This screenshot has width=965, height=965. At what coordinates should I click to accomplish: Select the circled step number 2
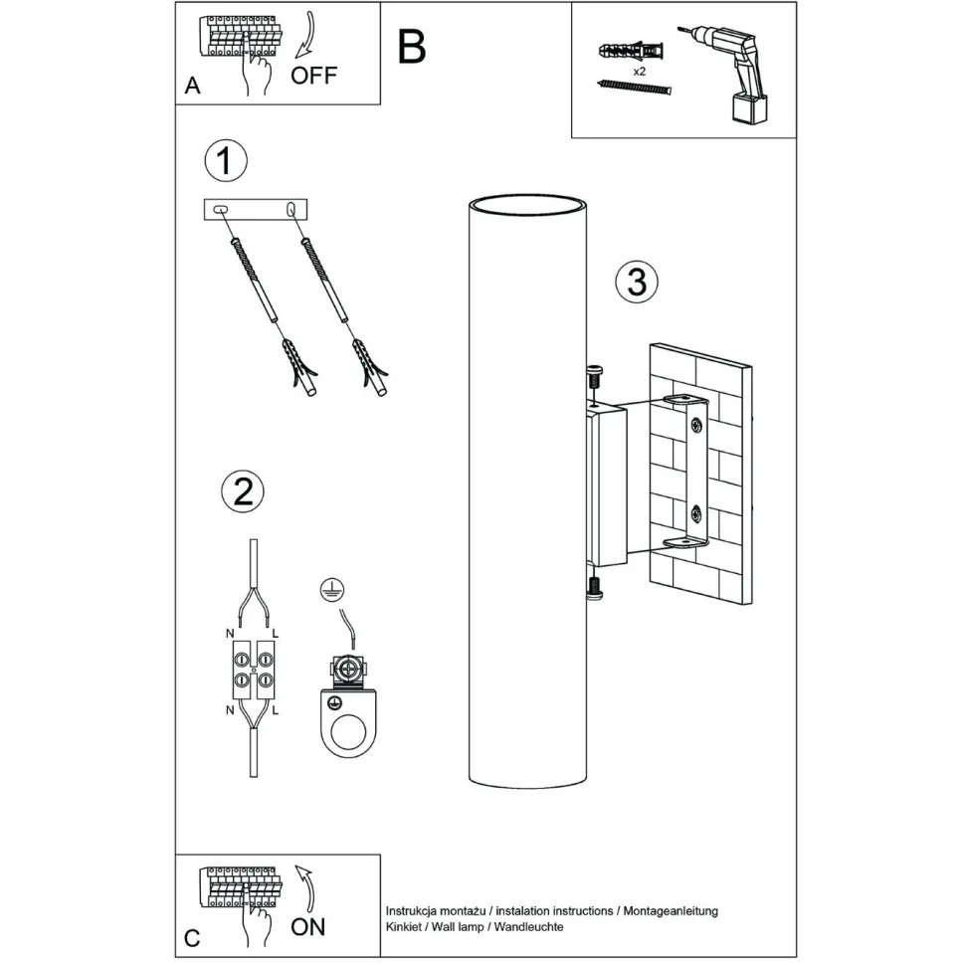243,492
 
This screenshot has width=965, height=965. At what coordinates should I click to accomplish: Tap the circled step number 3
637,283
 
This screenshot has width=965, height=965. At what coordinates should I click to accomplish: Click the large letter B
412,46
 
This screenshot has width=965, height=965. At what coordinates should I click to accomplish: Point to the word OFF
314,76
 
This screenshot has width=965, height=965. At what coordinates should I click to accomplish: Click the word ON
308,927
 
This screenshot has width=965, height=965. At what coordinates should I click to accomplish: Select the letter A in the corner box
193,87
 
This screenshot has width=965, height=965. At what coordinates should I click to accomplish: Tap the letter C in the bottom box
193,938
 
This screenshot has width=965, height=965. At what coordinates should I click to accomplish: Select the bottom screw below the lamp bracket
595,587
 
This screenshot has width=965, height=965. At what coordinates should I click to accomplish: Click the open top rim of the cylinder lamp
526,206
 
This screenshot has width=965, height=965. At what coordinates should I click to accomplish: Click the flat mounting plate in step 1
257,210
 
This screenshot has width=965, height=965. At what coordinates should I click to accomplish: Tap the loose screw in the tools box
635,89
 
